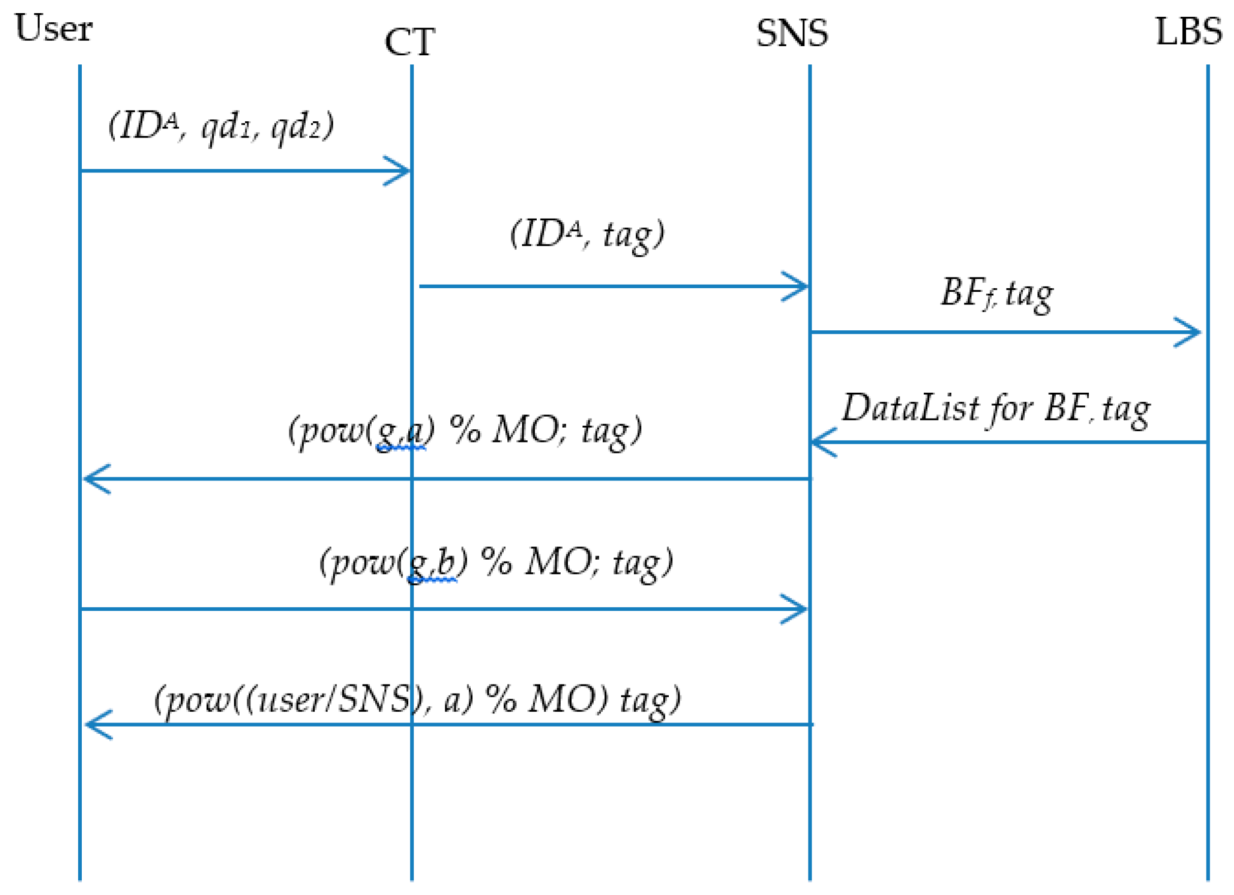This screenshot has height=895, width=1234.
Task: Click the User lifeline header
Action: coord(53,28)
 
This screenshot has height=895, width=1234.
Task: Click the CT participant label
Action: coord(409,43)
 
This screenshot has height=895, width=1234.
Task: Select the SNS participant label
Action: coord(792,33)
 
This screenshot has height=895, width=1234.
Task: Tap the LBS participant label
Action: coord(1188,31)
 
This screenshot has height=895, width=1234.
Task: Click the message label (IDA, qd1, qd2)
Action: coord(221,127)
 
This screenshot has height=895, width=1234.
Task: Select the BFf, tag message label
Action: coord(997,294)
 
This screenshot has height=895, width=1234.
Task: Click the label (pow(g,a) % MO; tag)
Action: coord(465,431)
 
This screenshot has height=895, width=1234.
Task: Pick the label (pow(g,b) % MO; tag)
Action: coord(496,562)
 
